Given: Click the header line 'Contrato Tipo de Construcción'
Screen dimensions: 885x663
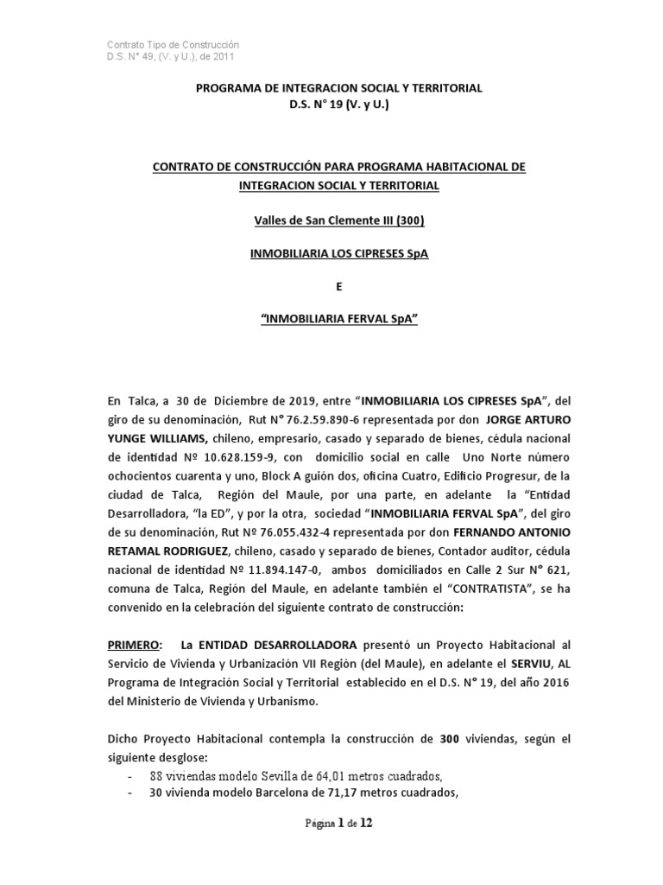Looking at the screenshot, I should click(172, 44).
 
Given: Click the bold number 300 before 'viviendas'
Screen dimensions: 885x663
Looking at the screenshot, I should click(450, 740).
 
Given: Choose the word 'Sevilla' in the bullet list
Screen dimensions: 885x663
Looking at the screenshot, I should click(260, 774).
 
